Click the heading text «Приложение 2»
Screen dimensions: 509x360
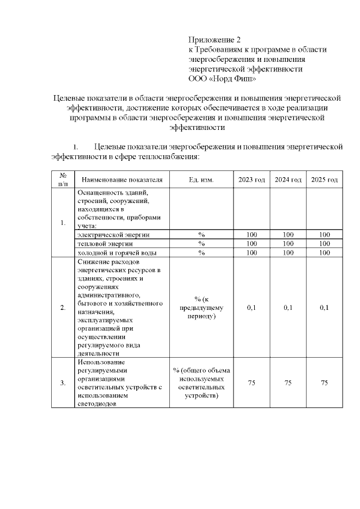pyautogui.click(x=214, y=40)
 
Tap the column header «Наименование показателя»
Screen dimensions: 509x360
pyautogui.click(x=122, y=179)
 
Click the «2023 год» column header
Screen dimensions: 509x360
pyautogui.click(x=251, y=179)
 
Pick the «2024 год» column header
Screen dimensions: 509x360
pyautogui.click(x=288, y=179)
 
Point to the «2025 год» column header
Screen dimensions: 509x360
pyautogui.click(x=324, y=179)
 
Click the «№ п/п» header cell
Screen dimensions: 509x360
pyautogui.click(x=63, y=179)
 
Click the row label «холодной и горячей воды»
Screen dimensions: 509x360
pyautogui.click(x=117, y=253)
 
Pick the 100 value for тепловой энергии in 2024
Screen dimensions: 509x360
pyautogui.click(x=288, y=244)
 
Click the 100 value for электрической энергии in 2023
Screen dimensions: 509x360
pyautogui.click(x=251, y=235)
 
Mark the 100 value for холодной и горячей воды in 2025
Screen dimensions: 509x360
pyautogui.click(x=324, y=253)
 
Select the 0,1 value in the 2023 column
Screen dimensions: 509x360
pyautogui.click(x=251, y=308)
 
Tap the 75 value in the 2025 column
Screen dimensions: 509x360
pyautogui.click(x=324, y=382)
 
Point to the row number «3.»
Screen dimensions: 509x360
pyautogui.click(x=63, y=382)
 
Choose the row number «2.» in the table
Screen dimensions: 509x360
pyautogui.click(x=63, y=308)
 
